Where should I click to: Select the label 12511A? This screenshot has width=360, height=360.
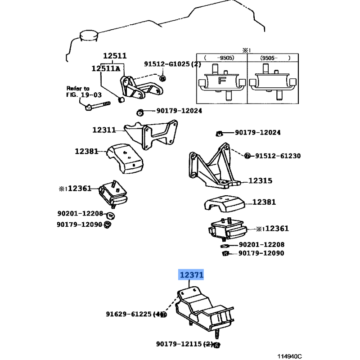pyautogui.click(x=106, y=68)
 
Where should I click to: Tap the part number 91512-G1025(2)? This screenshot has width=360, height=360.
pyautogui.click(x=172, y=64)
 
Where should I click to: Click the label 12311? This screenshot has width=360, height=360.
pyautogui.click(x=104, y=130)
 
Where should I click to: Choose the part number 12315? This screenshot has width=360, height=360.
pyautogui.click(x=260, y=180)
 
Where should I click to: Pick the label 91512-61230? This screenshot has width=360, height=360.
pyautogui.click(x=278, y=156)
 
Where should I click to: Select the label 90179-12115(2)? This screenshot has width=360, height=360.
pyautogui.click(x=184, y=344)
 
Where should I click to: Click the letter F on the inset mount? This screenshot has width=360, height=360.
pyautogui.click(x=221, y=81)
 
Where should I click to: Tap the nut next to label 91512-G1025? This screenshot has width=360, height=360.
pyautogui.click(x=163, y=79)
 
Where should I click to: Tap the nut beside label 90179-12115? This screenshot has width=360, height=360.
pyautogui.click(x=216, y=345)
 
